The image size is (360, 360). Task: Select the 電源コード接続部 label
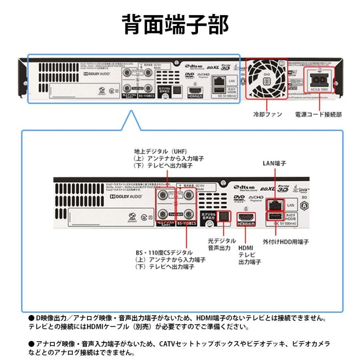pos(318,114)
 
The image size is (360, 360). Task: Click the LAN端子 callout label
pos(274,163)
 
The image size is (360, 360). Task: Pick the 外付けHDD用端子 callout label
pos(286,242)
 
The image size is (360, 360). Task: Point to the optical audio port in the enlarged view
pos(224,216)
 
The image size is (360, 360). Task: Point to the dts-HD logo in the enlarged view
pos(244,186)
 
